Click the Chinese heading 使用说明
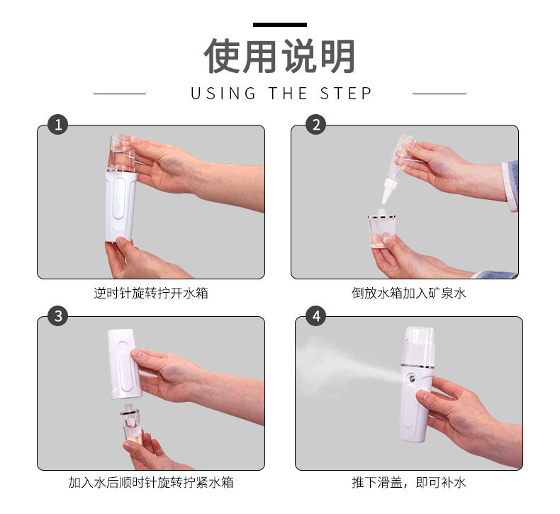[279, 56]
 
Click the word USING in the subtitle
[223, 94]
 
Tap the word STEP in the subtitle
[346, 94]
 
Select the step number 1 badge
[57, 125]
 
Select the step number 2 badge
[315, 125]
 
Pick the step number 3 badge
[57, 316]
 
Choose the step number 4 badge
[315, 316]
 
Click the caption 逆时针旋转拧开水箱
[151, 293]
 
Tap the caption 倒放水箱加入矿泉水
[409, 293]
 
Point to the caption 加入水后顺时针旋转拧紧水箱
[151, 483]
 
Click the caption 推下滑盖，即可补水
[409, 483]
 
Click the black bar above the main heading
[279, 25]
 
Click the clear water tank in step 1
[121, 151]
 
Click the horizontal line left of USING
[120, 94]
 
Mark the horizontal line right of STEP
[439, 94]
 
